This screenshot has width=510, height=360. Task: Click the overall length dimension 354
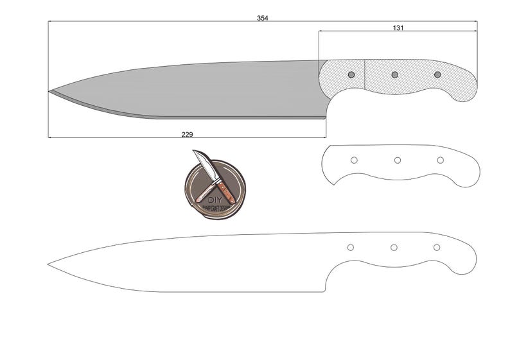click(x=262, y=18)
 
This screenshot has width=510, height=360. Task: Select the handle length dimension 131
click(x=398, y=28)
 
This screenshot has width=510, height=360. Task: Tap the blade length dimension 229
click(x=187, y=134)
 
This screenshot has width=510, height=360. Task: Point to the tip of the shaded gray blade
click(x=49, y=92)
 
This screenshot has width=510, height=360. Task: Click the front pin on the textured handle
click(x=351, y=75)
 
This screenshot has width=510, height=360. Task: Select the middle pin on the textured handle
click(x=394, y=75)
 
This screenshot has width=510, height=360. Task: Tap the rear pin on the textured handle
click(x=437, y=75)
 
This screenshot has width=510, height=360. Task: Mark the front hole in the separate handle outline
click(x=354, y=160)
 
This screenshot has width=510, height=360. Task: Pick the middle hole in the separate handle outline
click(x=398, y=160)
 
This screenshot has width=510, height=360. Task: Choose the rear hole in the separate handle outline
click(x=441, y=160)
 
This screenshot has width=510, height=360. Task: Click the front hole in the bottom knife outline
click(x=350, y=248)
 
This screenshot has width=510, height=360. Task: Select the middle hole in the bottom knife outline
click(x=394, y=248)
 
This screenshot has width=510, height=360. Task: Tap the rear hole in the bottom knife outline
click(x=437, y=248)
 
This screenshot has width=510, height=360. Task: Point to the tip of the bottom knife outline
click(x=49, y=264)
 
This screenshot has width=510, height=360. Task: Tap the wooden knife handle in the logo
click(x=225, y=191)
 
